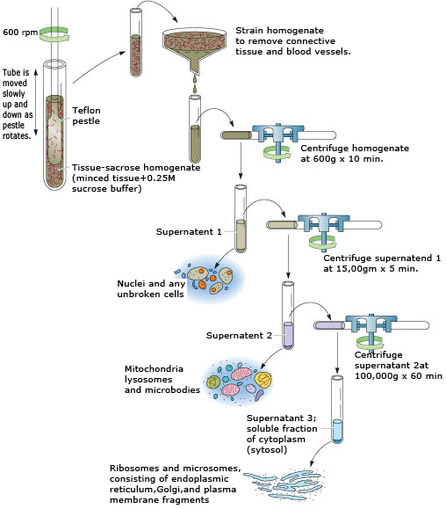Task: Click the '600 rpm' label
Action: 20,33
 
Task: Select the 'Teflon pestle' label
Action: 86,115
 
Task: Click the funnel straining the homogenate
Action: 194,49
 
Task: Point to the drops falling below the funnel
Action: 194,84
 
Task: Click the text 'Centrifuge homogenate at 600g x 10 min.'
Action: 355,153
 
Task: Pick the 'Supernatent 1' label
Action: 189,231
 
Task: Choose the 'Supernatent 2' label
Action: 239,335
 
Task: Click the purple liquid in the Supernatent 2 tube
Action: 288,335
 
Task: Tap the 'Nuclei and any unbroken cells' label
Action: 151,288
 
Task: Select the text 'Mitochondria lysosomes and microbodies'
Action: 162,379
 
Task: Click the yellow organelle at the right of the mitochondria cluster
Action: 263,380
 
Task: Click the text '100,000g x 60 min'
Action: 399,376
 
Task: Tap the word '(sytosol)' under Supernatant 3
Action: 267,450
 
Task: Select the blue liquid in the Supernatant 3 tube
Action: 337,431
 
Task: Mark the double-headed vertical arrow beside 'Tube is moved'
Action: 36,102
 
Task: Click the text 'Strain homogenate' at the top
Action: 279,31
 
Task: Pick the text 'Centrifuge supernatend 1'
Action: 382,258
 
